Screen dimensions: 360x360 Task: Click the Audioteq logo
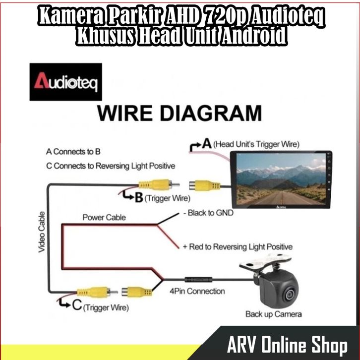point(66,82)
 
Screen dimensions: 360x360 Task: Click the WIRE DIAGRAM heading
point(179,114)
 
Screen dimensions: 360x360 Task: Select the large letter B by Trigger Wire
point(139,198)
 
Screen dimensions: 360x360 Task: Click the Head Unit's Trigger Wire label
point(257,145)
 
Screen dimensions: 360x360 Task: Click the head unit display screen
point(280,179)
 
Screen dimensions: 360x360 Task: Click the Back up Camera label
point(273,314)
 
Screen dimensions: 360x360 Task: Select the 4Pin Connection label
point(197,291)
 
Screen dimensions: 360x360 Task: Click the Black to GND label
point(208,213)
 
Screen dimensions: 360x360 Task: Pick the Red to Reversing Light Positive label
point(238,246)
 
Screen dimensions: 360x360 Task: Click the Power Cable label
point(104,217)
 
